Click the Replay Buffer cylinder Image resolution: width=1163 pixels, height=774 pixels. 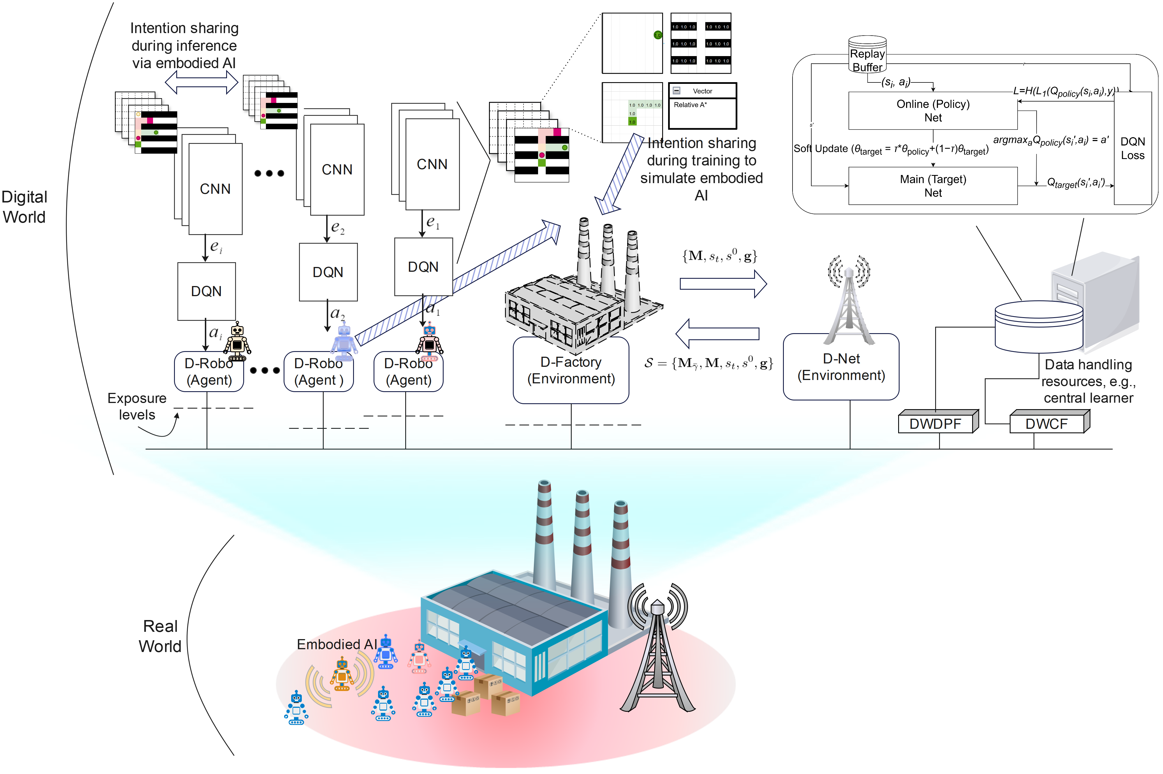click(867, 55)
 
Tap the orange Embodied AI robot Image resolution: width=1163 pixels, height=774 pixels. click(342, 674)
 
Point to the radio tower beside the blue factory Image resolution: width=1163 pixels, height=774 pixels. click(657, 662)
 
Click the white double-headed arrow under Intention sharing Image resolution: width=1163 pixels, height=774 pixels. click(201, 82)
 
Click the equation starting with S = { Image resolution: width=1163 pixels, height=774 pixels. click(708, 363)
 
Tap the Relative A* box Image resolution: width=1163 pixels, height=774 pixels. click(702, 114)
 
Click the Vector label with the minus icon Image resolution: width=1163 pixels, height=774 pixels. click(702, 91)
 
